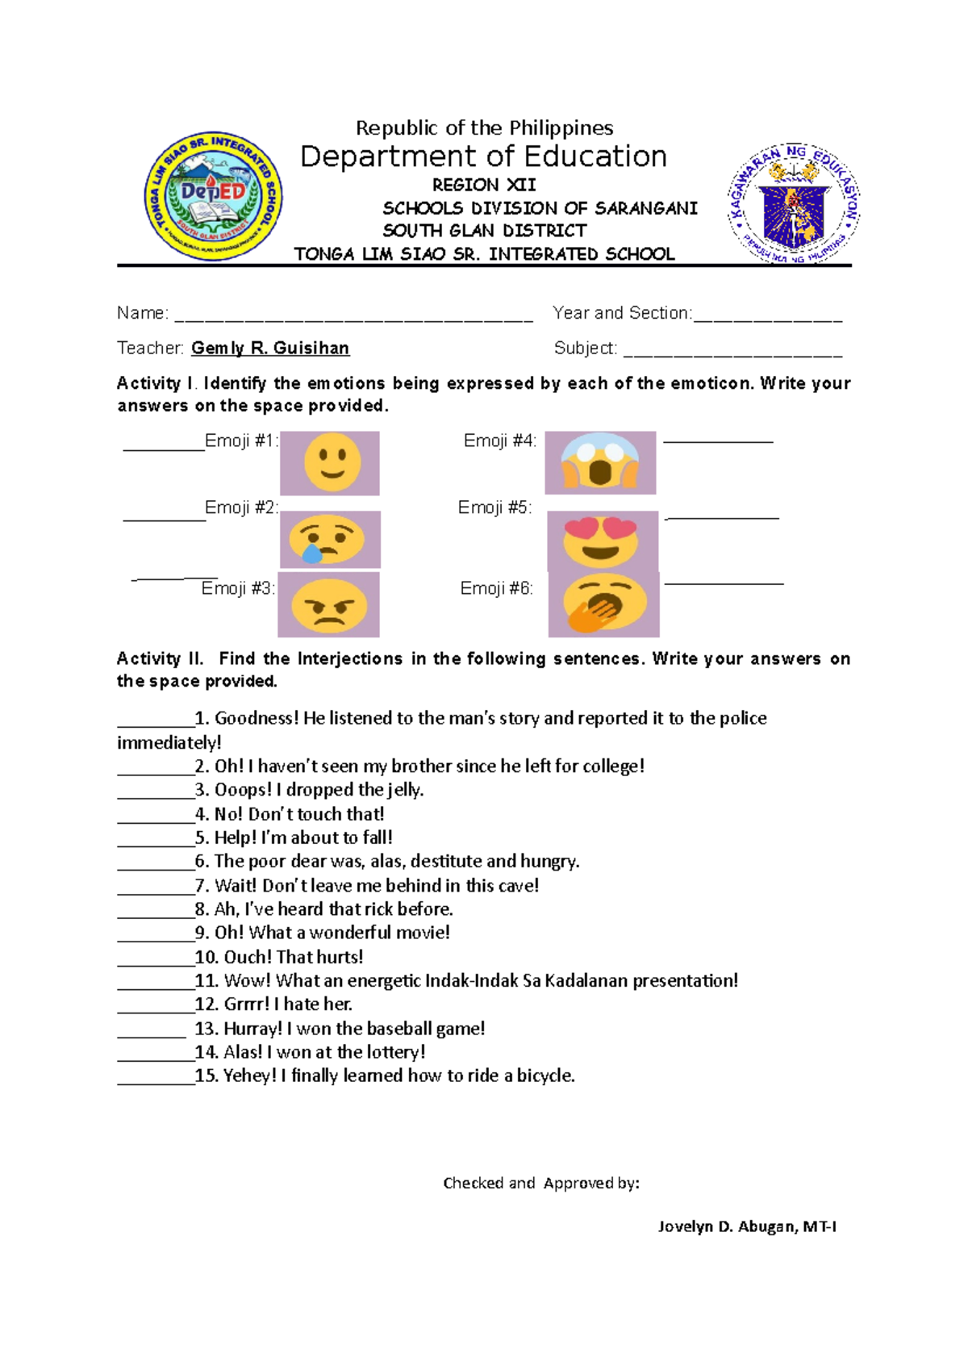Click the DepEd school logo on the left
[x=214, y=196]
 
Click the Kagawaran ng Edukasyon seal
[x=795, y=204]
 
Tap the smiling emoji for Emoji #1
[x=331, y=463]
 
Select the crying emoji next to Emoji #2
[x=330, y=539]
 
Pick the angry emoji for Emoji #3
[x=328, y=605]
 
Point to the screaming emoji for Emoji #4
[x=600, y=462]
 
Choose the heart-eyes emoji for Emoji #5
[x=602, y=540]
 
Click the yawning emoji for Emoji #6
[x=603, y=604]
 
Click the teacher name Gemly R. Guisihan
[x=270, y=348]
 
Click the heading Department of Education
[x=483, y=156]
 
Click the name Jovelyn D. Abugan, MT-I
[x=747, y=1226]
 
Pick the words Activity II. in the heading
[x=161, y=658]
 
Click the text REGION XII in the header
[x=484, y=185]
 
